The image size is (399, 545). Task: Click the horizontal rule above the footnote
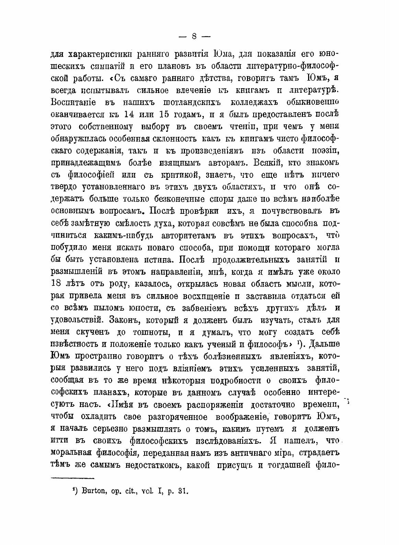click(72, 477)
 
